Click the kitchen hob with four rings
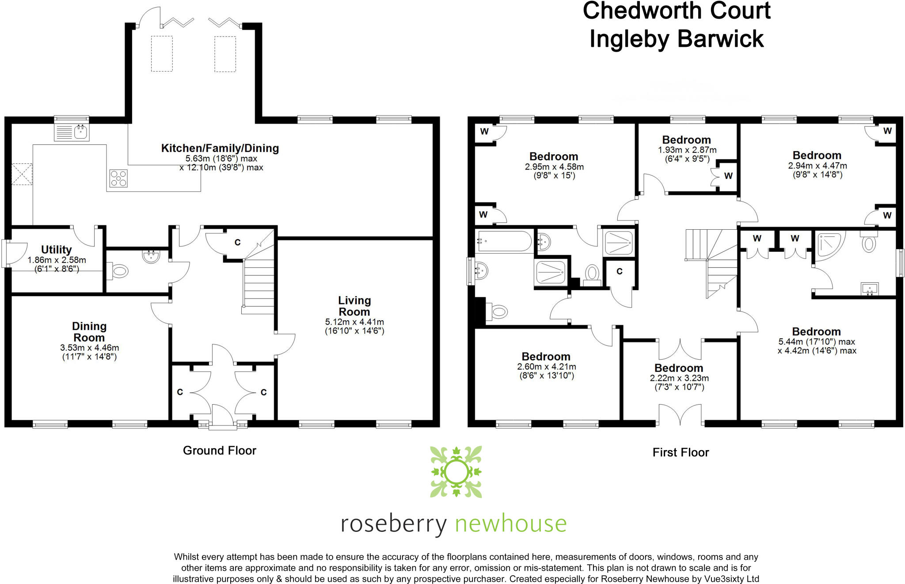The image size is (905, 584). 118,178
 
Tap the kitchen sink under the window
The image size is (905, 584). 72,132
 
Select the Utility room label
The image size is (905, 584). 56,250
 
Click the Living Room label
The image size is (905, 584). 354,306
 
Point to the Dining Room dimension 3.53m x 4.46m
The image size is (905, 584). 89,348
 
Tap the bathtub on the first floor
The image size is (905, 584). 503,241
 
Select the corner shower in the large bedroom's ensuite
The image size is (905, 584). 830,244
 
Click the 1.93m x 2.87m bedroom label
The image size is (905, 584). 686,140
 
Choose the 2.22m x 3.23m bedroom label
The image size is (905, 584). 679,368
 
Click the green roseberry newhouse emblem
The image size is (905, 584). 456,472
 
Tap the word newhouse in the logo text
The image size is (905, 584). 510,524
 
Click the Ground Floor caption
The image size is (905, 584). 220,451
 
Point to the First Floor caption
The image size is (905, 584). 681,452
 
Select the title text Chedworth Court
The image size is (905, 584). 676,11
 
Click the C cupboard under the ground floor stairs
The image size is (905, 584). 237,243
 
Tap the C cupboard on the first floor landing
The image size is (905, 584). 620,271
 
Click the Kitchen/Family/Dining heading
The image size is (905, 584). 220,148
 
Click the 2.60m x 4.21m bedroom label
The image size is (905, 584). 546,356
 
